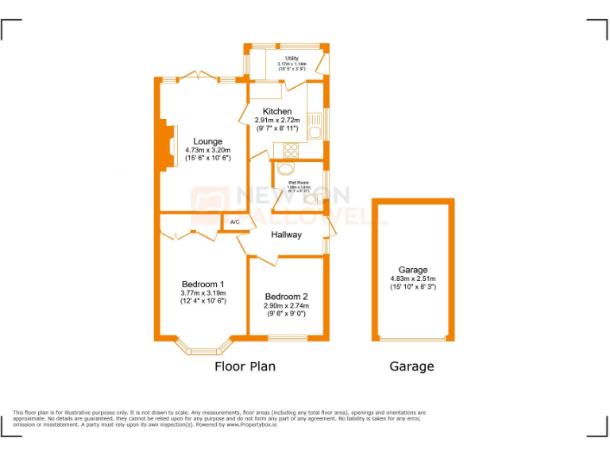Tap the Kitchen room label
(x=277, y=111)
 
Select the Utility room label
(x=292, y=58)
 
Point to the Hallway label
(x=286, y=235)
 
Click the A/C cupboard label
(x=234, y=222)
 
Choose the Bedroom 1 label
(x=203, y=284)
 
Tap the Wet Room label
(x=299, y=182)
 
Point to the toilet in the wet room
(x=286, y=169)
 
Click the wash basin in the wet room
(x=311, y=199)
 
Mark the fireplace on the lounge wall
(x=168, y=144)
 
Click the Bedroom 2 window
(x=287, y=339)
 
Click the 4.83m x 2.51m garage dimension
(x=413, y=278)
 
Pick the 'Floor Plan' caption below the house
(x=245, y=367)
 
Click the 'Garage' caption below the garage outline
(x=411, y=367)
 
